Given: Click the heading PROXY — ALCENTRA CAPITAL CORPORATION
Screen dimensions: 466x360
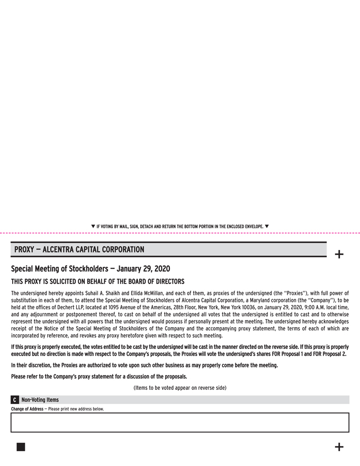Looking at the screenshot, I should (x=79, y=249).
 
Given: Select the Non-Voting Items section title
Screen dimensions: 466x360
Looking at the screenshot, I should (x=40, y=400).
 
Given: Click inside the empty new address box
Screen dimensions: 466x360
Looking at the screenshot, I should (x=180, y=423).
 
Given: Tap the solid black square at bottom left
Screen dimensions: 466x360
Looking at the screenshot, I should (x=21, y=447).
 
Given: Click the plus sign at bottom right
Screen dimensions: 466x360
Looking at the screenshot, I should (x=339, y=447).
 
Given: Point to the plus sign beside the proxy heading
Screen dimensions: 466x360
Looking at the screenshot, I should (x=339, y=255).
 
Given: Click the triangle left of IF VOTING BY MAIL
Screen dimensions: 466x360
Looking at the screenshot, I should (x=93, y=226).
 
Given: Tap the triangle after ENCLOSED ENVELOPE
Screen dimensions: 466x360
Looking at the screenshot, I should (x=267, y=226).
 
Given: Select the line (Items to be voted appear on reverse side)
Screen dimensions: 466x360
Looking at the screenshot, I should (x=180, y=388).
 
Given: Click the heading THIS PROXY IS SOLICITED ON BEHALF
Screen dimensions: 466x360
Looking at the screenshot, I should (x=98, y=281).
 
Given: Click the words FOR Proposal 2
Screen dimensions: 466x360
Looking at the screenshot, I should (x=328, y=354).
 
